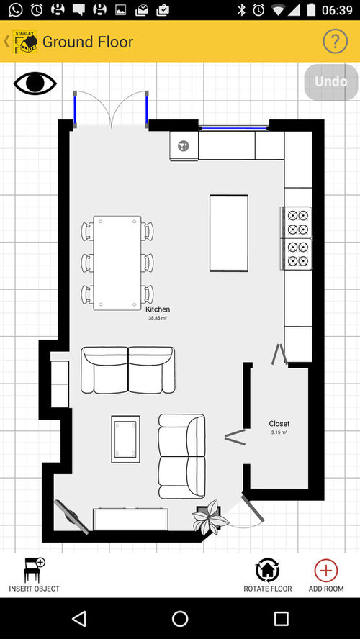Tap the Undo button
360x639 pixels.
[331, 82]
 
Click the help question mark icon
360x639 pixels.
[335, 41]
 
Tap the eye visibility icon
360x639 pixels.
[35, 83]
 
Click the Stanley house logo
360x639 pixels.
[25, 41]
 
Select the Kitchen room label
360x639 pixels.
[158, 309]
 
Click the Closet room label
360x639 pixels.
[279, 423]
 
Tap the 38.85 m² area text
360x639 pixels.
[158, 318]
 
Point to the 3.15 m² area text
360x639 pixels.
[279, 432]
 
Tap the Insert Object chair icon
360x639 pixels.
[35, 570]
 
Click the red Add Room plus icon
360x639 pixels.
[325, 570]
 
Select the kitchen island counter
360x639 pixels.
[229, 233]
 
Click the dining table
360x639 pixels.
[117, 263]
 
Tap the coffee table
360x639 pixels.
[125, 439]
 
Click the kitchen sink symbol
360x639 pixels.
[184, 145]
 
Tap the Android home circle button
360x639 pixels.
[180, 619]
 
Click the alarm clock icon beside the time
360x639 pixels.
[258, 10]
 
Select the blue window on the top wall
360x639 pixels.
[234, 128]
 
